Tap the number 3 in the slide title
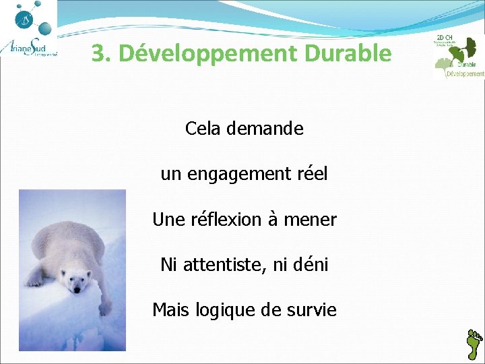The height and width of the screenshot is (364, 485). [98, 53]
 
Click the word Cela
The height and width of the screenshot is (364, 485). [203, 128]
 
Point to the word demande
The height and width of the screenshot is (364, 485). [265, 128]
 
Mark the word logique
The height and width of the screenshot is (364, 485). [220, 311]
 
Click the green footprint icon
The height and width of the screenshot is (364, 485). [475, 344]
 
